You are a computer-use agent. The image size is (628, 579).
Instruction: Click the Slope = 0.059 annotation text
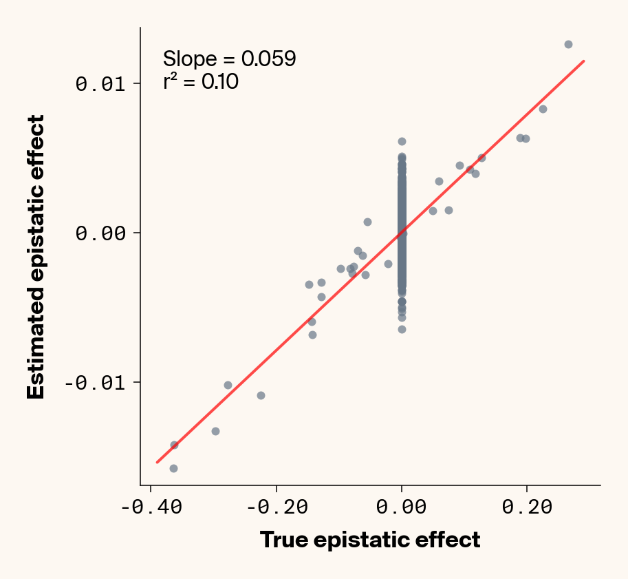click(229, 59)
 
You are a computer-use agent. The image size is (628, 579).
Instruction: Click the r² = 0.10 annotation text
click(200, 82)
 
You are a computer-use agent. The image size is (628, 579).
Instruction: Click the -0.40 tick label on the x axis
click(151, 507)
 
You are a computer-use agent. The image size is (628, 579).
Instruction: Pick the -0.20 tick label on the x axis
click(277, 507)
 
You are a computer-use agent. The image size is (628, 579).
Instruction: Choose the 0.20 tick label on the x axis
click(527, 507)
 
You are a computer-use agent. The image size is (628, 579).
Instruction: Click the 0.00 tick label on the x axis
click(402, 507)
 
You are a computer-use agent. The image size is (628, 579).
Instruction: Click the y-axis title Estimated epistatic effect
click(36, 257)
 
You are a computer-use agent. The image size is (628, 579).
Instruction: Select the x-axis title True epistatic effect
click(370, 540)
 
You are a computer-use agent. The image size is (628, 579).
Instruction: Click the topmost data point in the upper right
click(568, 44)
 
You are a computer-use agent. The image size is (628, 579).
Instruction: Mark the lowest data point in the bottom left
click(173, 468)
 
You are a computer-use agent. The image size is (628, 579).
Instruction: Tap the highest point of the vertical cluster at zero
click(402, 141)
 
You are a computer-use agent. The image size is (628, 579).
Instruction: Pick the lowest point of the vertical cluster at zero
click(402, 329)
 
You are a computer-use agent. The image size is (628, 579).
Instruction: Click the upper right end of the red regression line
click(583, 61)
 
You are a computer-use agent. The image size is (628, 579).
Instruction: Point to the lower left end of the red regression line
click(158, 462)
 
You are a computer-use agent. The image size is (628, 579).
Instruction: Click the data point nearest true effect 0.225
click(543, 109)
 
